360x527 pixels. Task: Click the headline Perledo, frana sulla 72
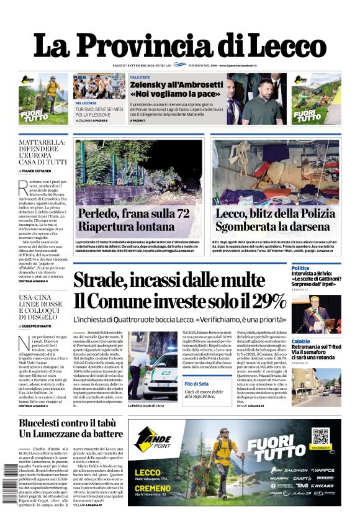[133, 214]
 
